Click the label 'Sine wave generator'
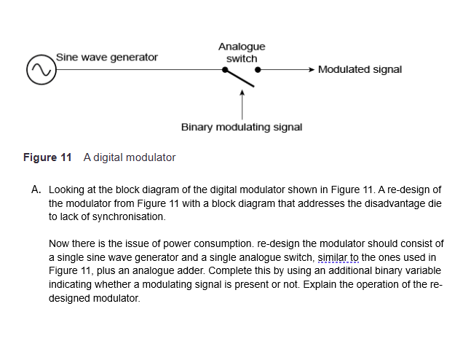[x=106, y=57]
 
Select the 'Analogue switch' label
[x=242, y=52]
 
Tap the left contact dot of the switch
[x=226, y=71]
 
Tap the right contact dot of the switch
[x=258, y=71]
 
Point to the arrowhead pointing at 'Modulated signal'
[x=311, y=71]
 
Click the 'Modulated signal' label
[x=360, y=70]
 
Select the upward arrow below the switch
[x=242, y=102]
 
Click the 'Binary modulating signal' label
[x=242, y=128]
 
